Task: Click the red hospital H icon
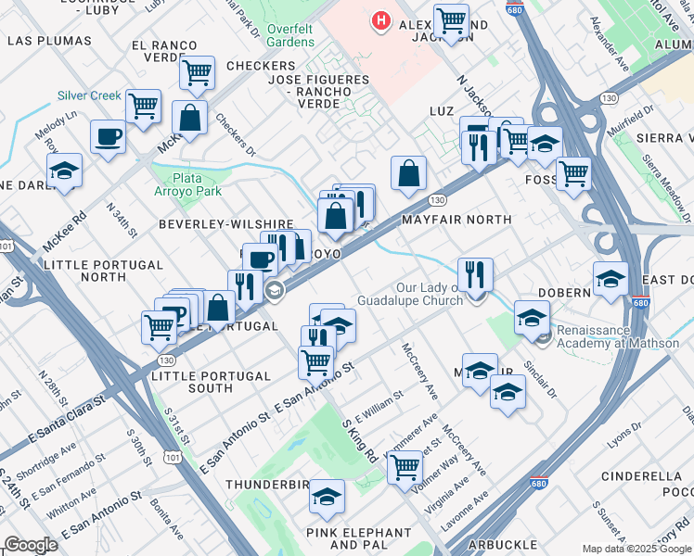379,19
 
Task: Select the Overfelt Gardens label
291,35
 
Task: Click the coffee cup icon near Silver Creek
108,137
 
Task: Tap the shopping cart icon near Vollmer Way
405,468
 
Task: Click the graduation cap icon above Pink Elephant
327,498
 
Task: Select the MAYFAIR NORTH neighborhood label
456,220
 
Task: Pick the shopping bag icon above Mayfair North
408,172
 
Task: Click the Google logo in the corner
31,545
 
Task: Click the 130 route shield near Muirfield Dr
609,97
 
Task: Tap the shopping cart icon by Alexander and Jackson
451,20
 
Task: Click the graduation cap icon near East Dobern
610,278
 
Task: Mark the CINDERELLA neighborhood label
647,476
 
